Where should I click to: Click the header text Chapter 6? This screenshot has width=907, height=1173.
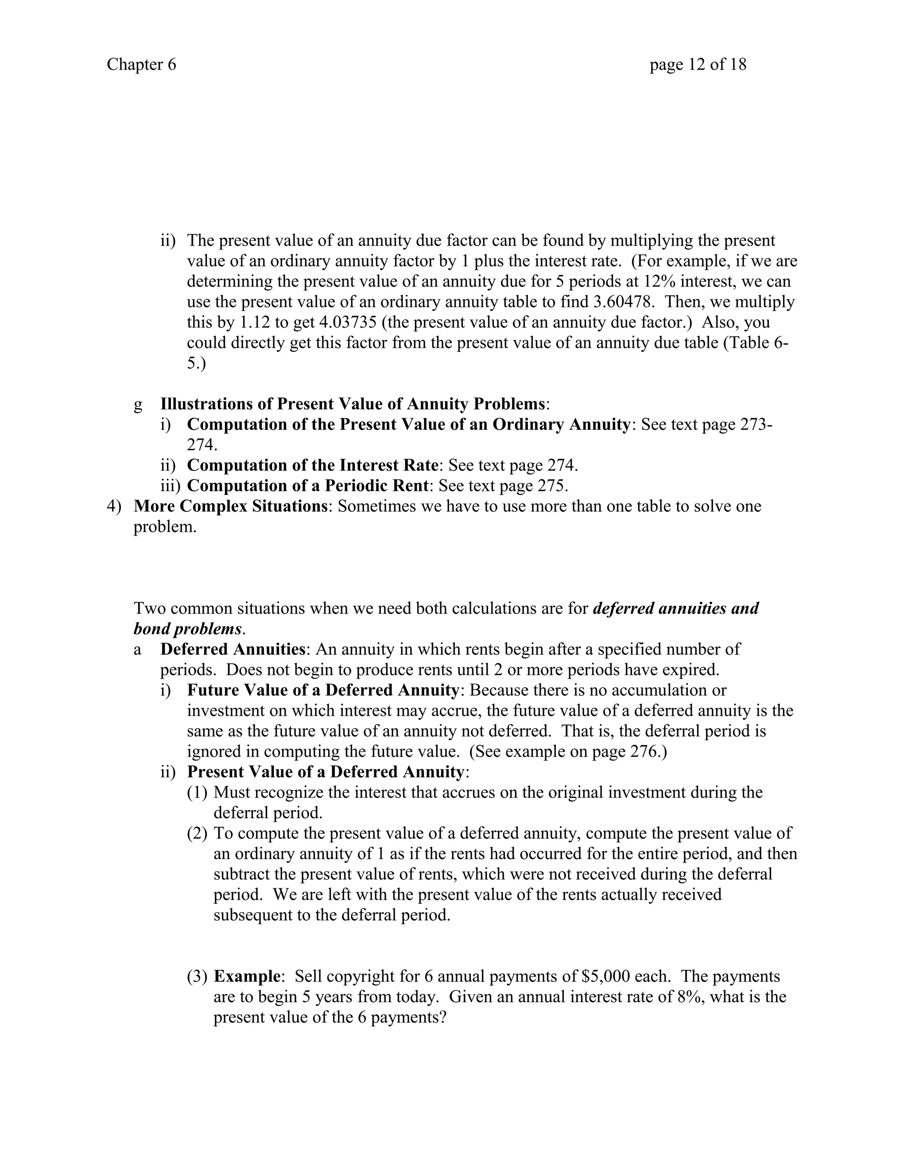point(141,65)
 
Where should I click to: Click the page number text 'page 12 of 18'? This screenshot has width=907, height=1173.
point(698,65)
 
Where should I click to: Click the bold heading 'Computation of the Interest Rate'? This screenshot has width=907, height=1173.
point(313,465)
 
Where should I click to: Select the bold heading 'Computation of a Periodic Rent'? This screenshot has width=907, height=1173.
point(308,486)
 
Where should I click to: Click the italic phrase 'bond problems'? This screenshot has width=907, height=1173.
point(187,629)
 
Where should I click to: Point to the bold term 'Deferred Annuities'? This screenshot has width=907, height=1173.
point(233,649)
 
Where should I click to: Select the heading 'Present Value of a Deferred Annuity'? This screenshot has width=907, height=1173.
point(325,772)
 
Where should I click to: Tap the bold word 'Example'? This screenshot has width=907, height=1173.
point(247,976)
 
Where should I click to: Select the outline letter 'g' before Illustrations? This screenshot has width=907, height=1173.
point(138,404)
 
